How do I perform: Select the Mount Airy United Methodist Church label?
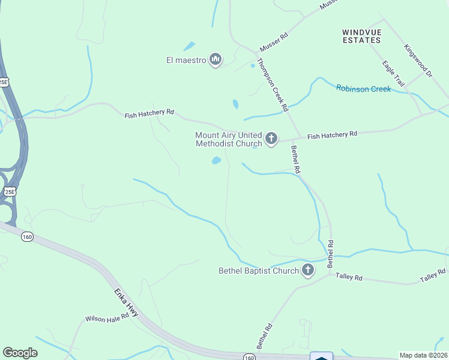click(229, 140)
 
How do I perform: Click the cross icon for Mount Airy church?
click(271, 140)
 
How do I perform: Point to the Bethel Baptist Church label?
click(258, 271)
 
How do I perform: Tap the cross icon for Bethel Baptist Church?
click(308, 271)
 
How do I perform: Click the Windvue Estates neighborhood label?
click(361, 36)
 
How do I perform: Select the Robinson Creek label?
click(363, 89)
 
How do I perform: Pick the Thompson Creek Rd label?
click(273, 85)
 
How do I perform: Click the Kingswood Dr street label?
click(418, 61)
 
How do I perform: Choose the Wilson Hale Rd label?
click(107, 317)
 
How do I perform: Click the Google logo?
click(20, 353)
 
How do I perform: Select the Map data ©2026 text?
click(423, 355)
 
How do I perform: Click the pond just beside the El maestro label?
click(189, 46)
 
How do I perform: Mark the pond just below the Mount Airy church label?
click(216, 160)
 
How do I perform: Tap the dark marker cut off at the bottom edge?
click(321, 356)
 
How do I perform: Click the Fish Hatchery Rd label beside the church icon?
click(332, 136)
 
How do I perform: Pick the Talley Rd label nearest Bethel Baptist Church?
click(349, 277)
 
